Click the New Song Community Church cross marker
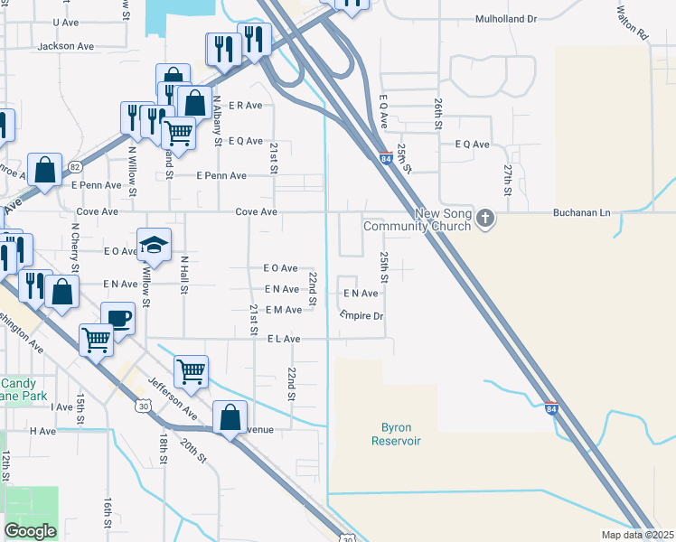click(486, 218)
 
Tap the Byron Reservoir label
click(396, 433)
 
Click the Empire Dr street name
click(362, 315)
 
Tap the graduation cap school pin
click(155, 245)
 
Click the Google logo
click(30, 531)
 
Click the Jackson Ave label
click(66, 45)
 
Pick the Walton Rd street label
click(632, 23)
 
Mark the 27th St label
click(508, 175)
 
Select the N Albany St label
click(218, 117)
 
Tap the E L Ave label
click(283, 338)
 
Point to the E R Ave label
click(245, 105)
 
